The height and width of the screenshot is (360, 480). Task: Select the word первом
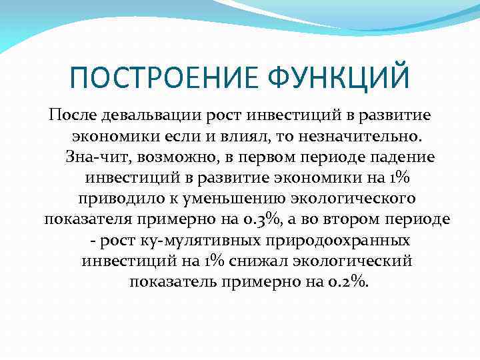coord(257,157)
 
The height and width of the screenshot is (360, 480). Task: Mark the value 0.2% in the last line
coord(347,281)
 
